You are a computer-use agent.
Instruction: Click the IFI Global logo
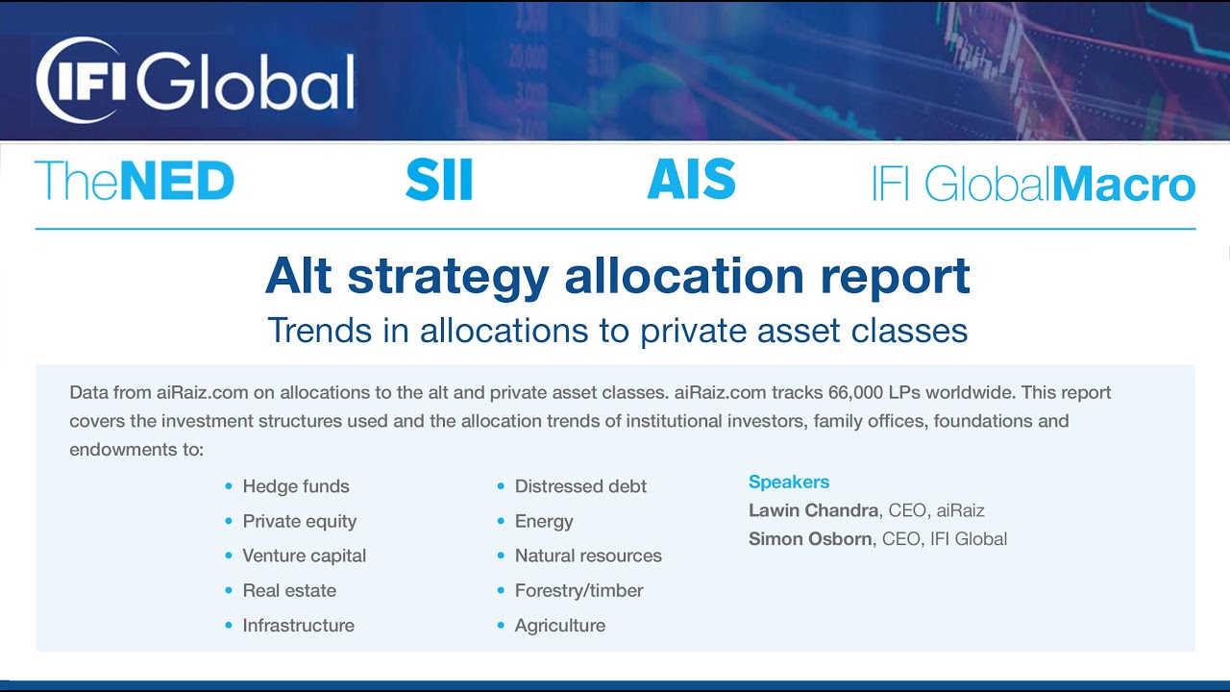(x=196, y=80)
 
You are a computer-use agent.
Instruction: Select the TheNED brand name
(x=135, y=182)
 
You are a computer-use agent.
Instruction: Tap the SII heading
(x=439, y=181)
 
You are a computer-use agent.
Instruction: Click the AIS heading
(x=692, y=181)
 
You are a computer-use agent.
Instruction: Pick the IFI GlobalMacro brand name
(x=1033, y=184)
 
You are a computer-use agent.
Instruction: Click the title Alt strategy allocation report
(x=617, y=277)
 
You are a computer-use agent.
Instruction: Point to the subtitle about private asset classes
(x=617, y=331)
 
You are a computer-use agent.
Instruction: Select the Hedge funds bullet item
(x=296, y=486)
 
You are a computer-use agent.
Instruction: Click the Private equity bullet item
(x=299, y=521)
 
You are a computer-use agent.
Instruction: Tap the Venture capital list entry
(x=304, y=556)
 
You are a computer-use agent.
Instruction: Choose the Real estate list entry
(x=289, y=590)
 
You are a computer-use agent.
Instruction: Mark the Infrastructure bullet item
(x=298, y=625)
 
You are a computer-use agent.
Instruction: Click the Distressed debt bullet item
(x=580, y=486)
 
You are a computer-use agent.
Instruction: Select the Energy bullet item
(x=544, y=521)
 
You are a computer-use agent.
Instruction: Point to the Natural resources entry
(x=588, y=556)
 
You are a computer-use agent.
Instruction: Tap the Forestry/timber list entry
(x=578, y=590)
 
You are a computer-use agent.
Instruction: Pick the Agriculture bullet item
(x=560, y=625)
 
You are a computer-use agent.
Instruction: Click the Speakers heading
(x=789, y=482)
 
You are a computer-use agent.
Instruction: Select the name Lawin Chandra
(x=812, y=510)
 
